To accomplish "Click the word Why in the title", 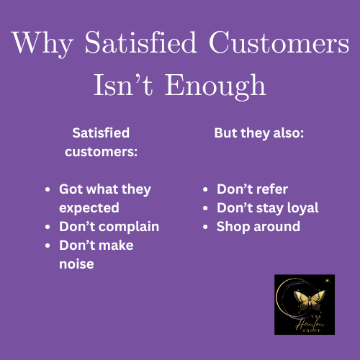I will click(42, 42).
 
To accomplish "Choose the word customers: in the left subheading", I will click(102, 152).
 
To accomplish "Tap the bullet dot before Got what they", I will click(48, 189).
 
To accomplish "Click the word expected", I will click(89, 208).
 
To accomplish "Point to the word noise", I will click(76, 264).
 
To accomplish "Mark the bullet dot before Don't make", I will click(48, 246).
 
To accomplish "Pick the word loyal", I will click(300, 208).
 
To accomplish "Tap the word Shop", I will click(233, 227).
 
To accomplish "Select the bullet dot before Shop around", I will click(206, 227).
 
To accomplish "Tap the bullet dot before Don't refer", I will click(206, 189).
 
